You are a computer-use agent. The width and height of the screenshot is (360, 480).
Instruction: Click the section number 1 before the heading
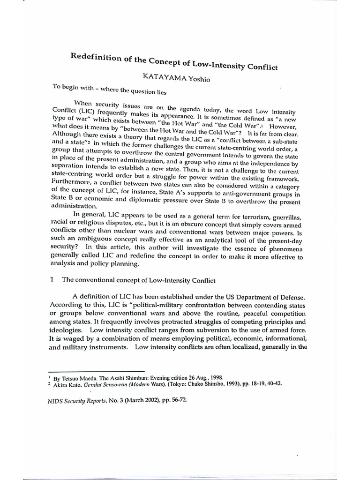tap(53, 280)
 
